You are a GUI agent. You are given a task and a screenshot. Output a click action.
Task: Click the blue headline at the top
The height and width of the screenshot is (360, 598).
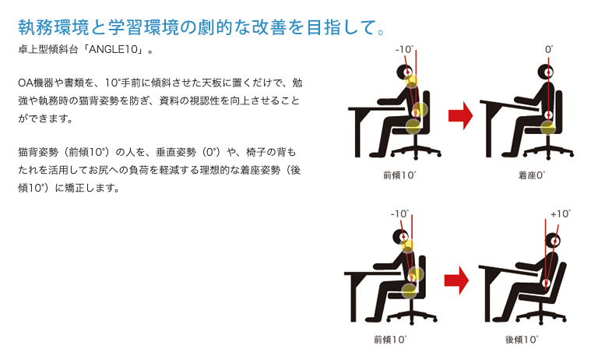click(202, 27)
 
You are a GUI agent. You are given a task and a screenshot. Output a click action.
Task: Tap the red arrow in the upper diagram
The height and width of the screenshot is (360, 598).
click(460, 115)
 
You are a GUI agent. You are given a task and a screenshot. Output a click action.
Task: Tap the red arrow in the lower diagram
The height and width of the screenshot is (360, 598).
click(456, 280)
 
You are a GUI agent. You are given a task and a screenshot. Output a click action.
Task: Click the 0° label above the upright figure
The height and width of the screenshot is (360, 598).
click(549, 49)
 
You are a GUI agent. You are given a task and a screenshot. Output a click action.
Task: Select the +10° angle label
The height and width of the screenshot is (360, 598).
click(561, 214)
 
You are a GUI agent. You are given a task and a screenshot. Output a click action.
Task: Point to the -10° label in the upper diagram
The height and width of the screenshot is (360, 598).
click(405, 49)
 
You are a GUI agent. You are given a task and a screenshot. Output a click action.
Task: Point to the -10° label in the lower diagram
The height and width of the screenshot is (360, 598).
click(399, 214)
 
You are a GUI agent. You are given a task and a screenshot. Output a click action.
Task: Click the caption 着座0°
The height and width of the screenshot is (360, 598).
click(532, 175)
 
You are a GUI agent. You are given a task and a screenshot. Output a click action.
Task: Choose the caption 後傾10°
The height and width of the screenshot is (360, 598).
click(522, 340)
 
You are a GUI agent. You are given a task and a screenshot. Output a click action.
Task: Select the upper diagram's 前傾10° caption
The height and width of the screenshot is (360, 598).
click(399, 175)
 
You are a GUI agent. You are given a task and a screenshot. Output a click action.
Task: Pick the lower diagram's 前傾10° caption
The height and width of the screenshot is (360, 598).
click(390, 340)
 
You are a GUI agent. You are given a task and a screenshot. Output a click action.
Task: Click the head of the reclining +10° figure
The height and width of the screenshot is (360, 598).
click(554, 241)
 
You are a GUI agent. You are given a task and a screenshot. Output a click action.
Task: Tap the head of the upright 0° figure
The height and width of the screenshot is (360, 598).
click(546, 72)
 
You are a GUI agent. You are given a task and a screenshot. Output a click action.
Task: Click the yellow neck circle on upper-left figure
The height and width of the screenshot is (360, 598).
click(411, 81)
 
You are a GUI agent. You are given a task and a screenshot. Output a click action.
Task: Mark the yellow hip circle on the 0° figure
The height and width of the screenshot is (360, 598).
click(548, 128)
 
